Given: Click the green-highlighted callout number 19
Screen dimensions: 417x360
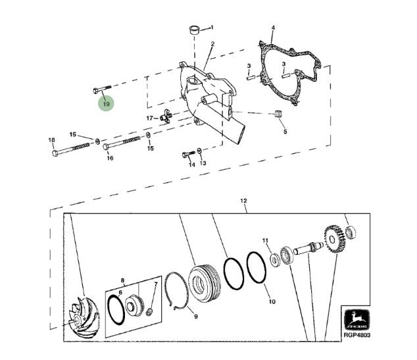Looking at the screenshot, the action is [x=106, y=103].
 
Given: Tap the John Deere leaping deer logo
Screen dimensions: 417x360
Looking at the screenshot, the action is [x=356, y=320].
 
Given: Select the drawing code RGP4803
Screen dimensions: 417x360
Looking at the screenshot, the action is [x=357, y=335].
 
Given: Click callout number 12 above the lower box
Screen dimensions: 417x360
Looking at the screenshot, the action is [x=243, y=201].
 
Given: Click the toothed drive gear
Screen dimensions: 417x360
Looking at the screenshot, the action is [x=335, y=239].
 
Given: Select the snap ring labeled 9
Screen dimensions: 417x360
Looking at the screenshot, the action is [x=176, y=291].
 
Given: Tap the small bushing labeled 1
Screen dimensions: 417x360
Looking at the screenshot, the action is [x=195, y=30].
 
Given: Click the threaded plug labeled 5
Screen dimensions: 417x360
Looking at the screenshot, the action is [x=278, y=114].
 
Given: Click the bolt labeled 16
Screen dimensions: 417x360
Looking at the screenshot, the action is [x=121, y=143].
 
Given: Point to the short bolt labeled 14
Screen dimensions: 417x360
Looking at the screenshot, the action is [x=189, y=153].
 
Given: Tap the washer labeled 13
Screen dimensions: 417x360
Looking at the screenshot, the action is [x=199, y=151].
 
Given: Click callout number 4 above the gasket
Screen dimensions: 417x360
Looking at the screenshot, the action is [x=273, y=28].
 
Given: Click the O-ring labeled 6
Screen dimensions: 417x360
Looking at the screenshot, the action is [x=116, y=310].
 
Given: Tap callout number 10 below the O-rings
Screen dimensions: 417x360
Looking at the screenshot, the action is [x=272, y=301].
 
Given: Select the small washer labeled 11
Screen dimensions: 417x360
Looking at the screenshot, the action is [x=275, y=260].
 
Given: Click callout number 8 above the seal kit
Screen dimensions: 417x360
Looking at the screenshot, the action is [x=122, y=280].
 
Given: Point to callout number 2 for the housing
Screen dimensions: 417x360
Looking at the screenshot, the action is [x=212, y=43].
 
